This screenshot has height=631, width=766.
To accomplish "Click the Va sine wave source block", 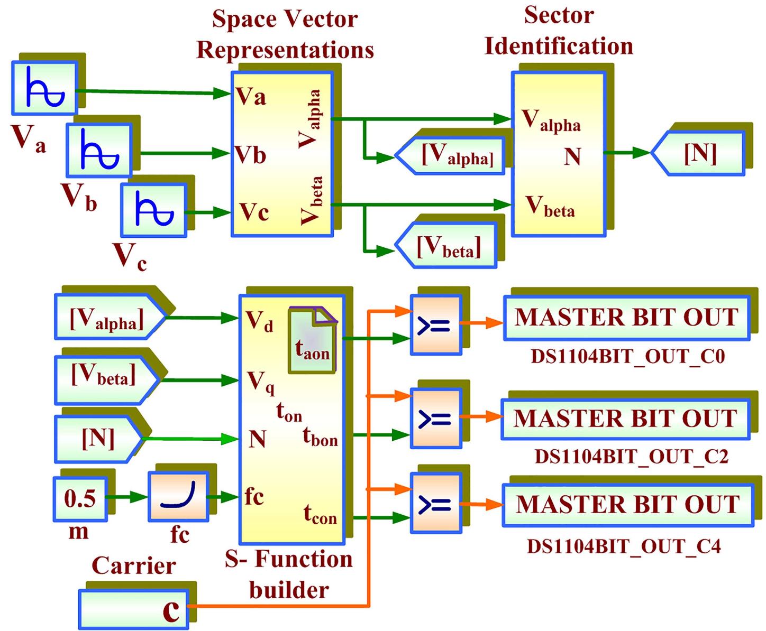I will [44, 88].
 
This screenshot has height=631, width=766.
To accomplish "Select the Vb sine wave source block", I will [98, 150].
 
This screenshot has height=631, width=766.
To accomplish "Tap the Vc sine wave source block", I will [153, 210].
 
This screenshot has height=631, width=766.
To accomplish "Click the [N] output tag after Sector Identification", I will [698, 153].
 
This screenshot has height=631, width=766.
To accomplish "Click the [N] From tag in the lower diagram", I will [98, 438].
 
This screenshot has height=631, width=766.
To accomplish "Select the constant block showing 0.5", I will [80, 498].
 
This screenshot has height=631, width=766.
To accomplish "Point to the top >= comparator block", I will [435, 324].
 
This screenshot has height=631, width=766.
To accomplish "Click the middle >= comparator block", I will [435, 418].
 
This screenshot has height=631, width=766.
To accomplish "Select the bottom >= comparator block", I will [435, 504].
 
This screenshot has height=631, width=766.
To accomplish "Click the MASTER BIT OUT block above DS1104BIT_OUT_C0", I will [626, 318].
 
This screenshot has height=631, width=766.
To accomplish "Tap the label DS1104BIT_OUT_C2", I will [631, 456].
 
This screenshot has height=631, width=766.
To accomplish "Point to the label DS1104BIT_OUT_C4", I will [624, 545].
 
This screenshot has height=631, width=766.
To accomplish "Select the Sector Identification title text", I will [559, 31].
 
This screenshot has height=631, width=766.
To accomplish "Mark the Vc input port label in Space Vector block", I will [254, 212].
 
